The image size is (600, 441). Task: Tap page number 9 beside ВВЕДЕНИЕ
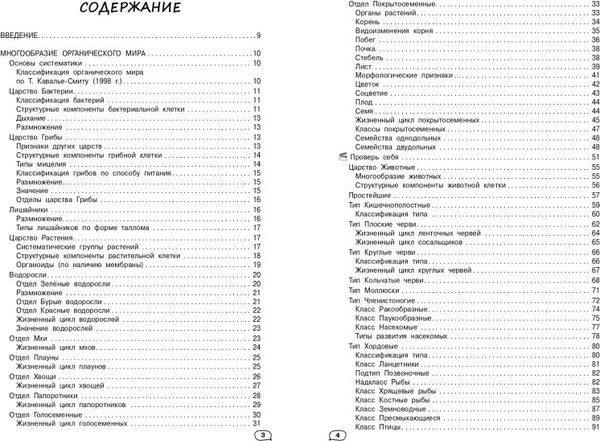click(257, 36)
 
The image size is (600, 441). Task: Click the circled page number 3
click(262, 432)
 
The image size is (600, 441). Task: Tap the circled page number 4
click(337, 432)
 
